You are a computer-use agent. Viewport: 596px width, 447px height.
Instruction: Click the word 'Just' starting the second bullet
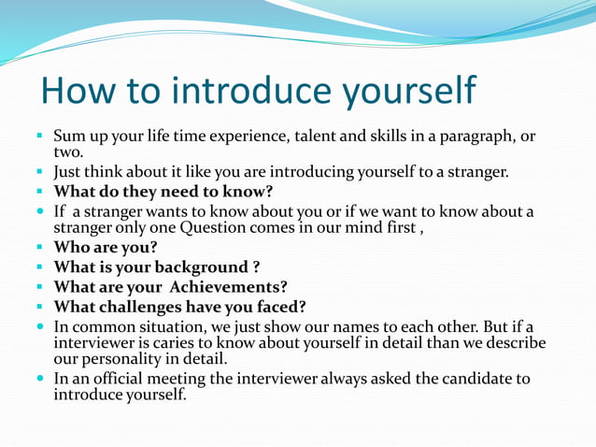click(x=69, y=172)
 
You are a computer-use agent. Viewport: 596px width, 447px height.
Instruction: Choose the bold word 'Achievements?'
click(x=230, y=287)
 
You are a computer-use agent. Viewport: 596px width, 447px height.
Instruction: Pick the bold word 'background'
click(x=193, y=267)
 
